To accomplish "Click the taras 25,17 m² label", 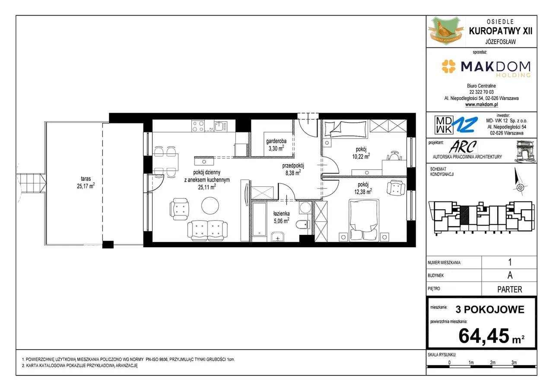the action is coord(86,183).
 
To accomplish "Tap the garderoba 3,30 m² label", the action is coord(276,145).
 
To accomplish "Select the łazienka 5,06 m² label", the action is coord(281,217).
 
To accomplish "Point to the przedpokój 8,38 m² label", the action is coord(293,169).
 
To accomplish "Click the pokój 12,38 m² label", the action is coord(363,188).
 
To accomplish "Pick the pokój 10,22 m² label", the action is coord(361,153).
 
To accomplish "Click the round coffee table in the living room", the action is coord(210,205).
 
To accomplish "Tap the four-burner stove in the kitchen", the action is coord(198,126).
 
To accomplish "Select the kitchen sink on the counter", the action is coord(220,126).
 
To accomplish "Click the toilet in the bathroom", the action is coord(303,224).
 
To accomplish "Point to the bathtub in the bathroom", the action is coord(260,219).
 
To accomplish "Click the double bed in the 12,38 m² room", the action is coord(364,220).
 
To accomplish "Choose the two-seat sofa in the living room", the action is coord(208,231).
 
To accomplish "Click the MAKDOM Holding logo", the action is coord(486,68).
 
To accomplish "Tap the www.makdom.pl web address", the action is coord(481,104).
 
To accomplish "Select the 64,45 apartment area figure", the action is coord(483,336).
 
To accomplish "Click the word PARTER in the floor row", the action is coord(509,289).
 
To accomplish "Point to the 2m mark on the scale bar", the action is coord(493,363).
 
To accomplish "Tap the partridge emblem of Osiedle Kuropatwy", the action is coord(445,31).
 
